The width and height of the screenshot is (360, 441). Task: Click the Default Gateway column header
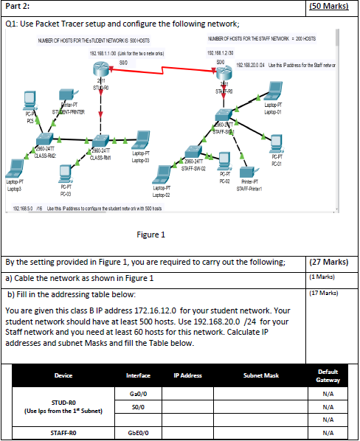tap(330, 375)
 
